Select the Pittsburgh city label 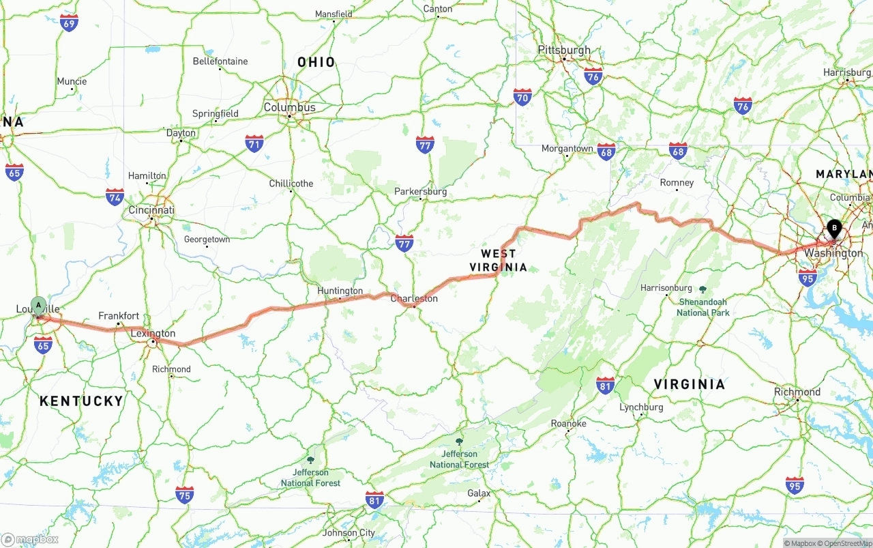pyautogui.click(x=564, y=50)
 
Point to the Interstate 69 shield pyautogui.click(x=69, y=23)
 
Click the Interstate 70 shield pyautogui.click(x=522, y=97)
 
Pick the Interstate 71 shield pyautogui.click(x=254, y=143)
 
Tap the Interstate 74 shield pyautogui.click(x=115, y=197)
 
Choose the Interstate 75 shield pyautogui.click(x=184, y=495)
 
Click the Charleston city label pyautogui.click(x=414, y=298)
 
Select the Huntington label pyautogui.click(x=340, y=291)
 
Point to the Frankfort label pyautogui.click(x=119, y=315)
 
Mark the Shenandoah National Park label pyautogui.click(x=703, y=307)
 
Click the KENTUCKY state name pyautogui.click(x=81, y=401)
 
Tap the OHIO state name pyautogui.click(x=316, y=62)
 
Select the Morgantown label pyautogui.click(x=567, y=148)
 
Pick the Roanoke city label pyautogui.click(x=568, y=423)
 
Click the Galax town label pyautogui.click(x=479, y=493)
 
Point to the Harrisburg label pyautogui.click(x=847, y=72)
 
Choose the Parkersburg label pyautogui.click(x=421, y=192)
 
